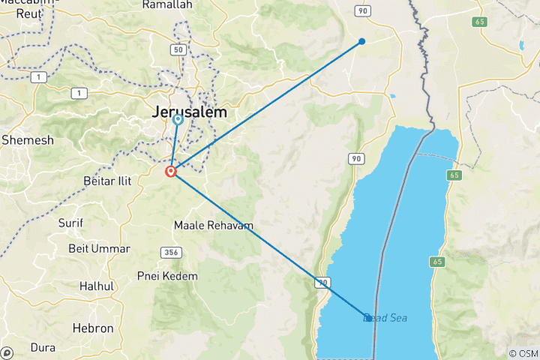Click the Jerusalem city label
[x=188, y=112]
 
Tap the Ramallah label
[x=169, y=4]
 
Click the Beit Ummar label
[x=99, y=248]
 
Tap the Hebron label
[x=93, y=328]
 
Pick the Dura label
[x=43, y=347]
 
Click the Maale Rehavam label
[x=213, y=225]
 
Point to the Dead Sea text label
[x=385, y=318]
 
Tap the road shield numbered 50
[x=178, y=50]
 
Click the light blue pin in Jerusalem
[x=178, y=118]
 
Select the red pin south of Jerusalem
[x=171, y=171]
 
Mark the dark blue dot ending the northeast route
[x=361, y=41]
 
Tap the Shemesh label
[x=28, y=140]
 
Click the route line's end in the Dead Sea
[x=367, y=318]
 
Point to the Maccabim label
[x=22, y=5]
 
